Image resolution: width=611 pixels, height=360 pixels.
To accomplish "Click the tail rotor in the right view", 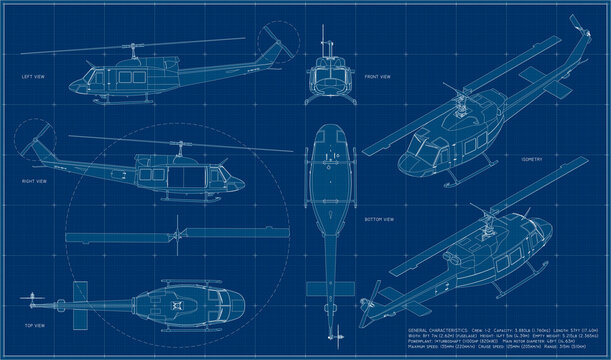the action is tap(41, 140).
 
